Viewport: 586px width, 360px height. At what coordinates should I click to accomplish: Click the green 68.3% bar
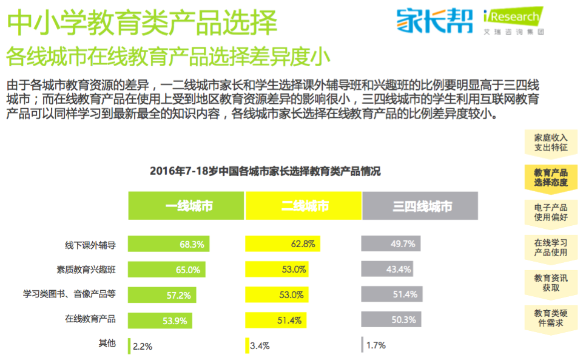169,244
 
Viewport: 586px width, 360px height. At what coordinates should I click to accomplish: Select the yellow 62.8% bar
282,244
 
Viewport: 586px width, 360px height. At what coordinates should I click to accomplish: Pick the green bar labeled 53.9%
161,320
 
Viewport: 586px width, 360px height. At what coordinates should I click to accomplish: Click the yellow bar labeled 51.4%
275,320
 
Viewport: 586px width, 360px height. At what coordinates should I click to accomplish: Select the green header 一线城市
186,206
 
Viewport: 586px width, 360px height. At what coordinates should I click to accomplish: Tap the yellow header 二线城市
303,206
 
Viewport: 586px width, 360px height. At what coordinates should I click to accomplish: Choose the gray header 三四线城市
420,206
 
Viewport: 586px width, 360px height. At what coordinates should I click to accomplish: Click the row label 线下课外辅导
90,245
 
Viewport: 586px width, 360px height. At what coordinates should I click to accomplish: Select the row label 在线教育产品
90,319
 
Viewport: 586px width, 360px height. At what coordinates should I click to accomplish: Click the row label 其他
107,344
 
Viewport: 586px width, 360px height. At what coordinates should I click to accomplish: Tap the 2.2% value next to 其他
142,346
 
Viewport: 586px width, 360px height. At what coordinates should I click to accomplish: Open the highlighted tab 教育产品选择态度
551,177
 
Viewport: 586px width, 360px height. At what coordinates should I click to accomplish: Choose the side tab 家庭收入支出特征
551,142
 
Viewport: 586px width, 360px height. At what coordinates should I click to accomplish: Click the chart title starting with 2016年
265,171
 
